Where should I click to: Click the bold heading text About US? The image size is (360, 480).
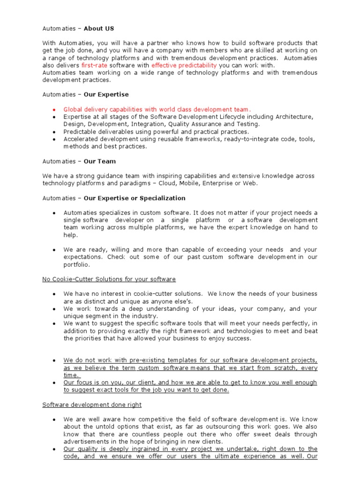pos(99,29)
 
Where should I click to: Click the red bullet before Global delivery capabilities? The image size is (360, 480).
pos(54,110)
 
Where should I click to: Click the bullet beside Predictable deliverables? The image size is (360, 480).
pos(54,132)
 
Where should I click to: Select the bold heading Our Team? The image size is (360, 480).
pos(99,161)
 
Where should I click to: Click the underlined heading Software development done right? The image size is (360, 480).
pos(92,405)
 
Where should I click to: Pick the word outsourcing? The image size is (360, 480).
pos(216,427)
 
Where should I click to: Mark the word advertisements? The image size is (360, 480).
pos(89,442)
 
